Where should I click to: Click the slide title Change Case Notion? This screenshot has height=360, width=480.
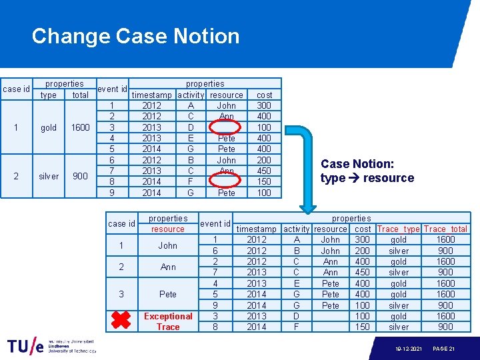[x=135, y=36]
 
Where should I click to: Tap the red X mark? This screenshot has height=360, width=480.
[x=120, y=321]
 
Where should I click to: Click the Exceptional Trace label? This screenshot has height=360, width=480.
[x=168, y=321]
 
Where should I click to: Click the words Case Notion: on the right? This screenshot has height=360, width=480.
[x=357, y=164]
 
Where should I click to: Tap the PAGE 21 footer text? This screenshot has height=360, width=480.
[x=445, y=349]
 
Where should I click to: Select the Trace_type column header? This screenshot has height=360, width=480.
[x=398, y=229]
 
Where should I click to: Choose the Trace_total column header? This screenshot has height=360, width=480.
[x=445, y=229]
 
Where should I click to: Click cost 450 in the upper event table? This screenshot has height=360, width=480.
[x=264, y=171]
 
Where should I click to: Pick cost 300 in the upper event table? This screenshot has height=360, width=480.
[x=264, y=105]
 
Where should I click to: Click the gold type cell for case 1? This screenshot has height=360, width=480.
[x=49, y=127]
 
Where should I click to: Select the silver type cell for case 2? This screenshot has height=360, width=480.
[x=49, y=176]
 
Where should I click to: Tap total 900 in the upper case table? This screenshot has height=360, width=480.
[x=81, y=176]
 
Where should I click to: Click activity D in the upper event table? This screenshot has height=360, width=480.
[x=191, y=127]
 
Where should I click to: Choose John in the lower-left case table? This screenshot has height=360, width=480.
[x=168, y=245]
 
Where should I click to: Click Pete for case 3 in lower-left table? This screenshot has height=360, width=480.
[x=168, y=294]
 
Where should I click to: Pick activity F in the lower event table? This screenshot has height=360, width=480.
[x=297, y=327]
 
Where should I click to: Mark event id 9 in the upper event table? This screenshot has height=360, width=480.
[x=112, y=193]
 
